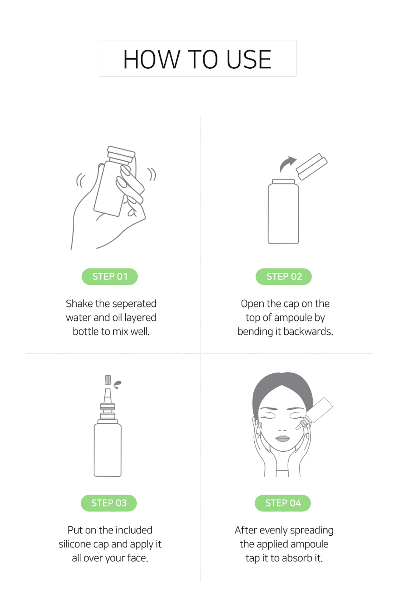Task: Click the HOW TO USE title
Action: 197,59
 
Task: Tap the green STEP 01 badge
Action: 109,276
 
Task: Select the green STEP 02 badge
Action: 284,276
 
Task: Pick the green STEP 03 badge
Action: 109,503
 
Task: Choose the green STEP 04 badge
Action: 283,503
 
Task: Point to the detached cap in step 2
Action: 312,167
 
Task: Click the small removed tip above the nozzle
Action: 108,380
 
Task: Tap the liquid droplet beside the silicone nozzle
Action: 117,384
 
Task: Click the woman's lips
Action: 283,438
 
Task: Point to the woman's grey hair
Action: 283,390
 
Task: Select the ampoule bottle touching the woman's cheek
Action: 314,413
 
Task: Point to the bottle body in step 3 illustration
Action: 108,449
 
